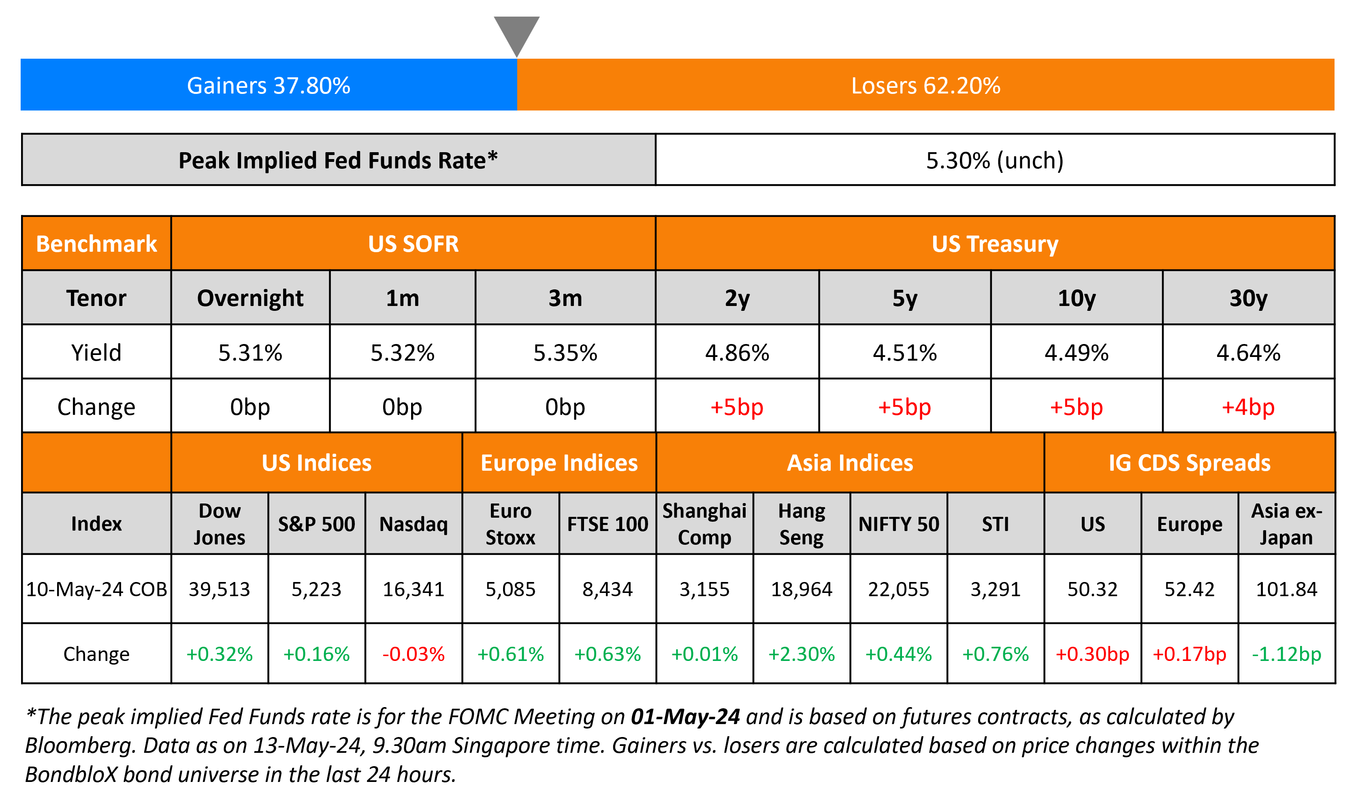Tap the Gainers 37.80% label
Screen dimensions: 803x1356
tap(269, 85)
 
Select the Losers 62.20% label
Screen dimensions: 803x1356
tap(925, 85)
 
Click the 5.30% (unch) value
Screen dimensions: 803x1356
tap(994, 160)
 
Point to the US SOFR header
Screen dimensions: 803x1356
tap(413, 244)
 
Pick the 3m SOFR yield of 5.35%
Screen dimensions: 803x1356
tap(565, 353)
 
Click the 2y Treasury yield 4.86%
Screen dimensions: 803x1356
tap(737, 353)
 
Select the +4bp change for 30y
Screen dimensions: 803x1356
tap(1248, 407)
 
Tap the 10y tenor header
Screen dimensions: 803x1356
tap(1076, 298)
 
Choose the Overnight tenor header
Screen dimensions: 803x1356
tap(250, 298)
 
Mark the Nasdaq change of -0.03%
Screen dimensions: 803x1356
tap(414, 654)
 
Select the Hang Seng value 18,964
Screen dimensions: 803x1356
tap(801, 589)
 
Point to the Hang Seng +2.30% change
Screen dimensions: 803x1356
tap(801, 654)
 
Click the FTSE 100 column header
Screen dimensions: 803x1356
tap(608, 524)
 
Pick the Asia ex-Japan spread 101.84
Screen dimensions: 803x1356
tap(1286, 589)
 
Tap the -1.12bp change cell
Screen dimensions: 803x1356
tap(1286, 654)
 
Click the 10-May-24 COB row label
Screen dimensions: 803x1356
tap(96, 589)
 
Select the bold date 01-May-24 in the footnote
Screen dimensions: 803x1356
tap(685, 717)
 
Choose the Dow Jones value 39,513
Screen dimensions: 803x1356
tap(219, 589)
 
